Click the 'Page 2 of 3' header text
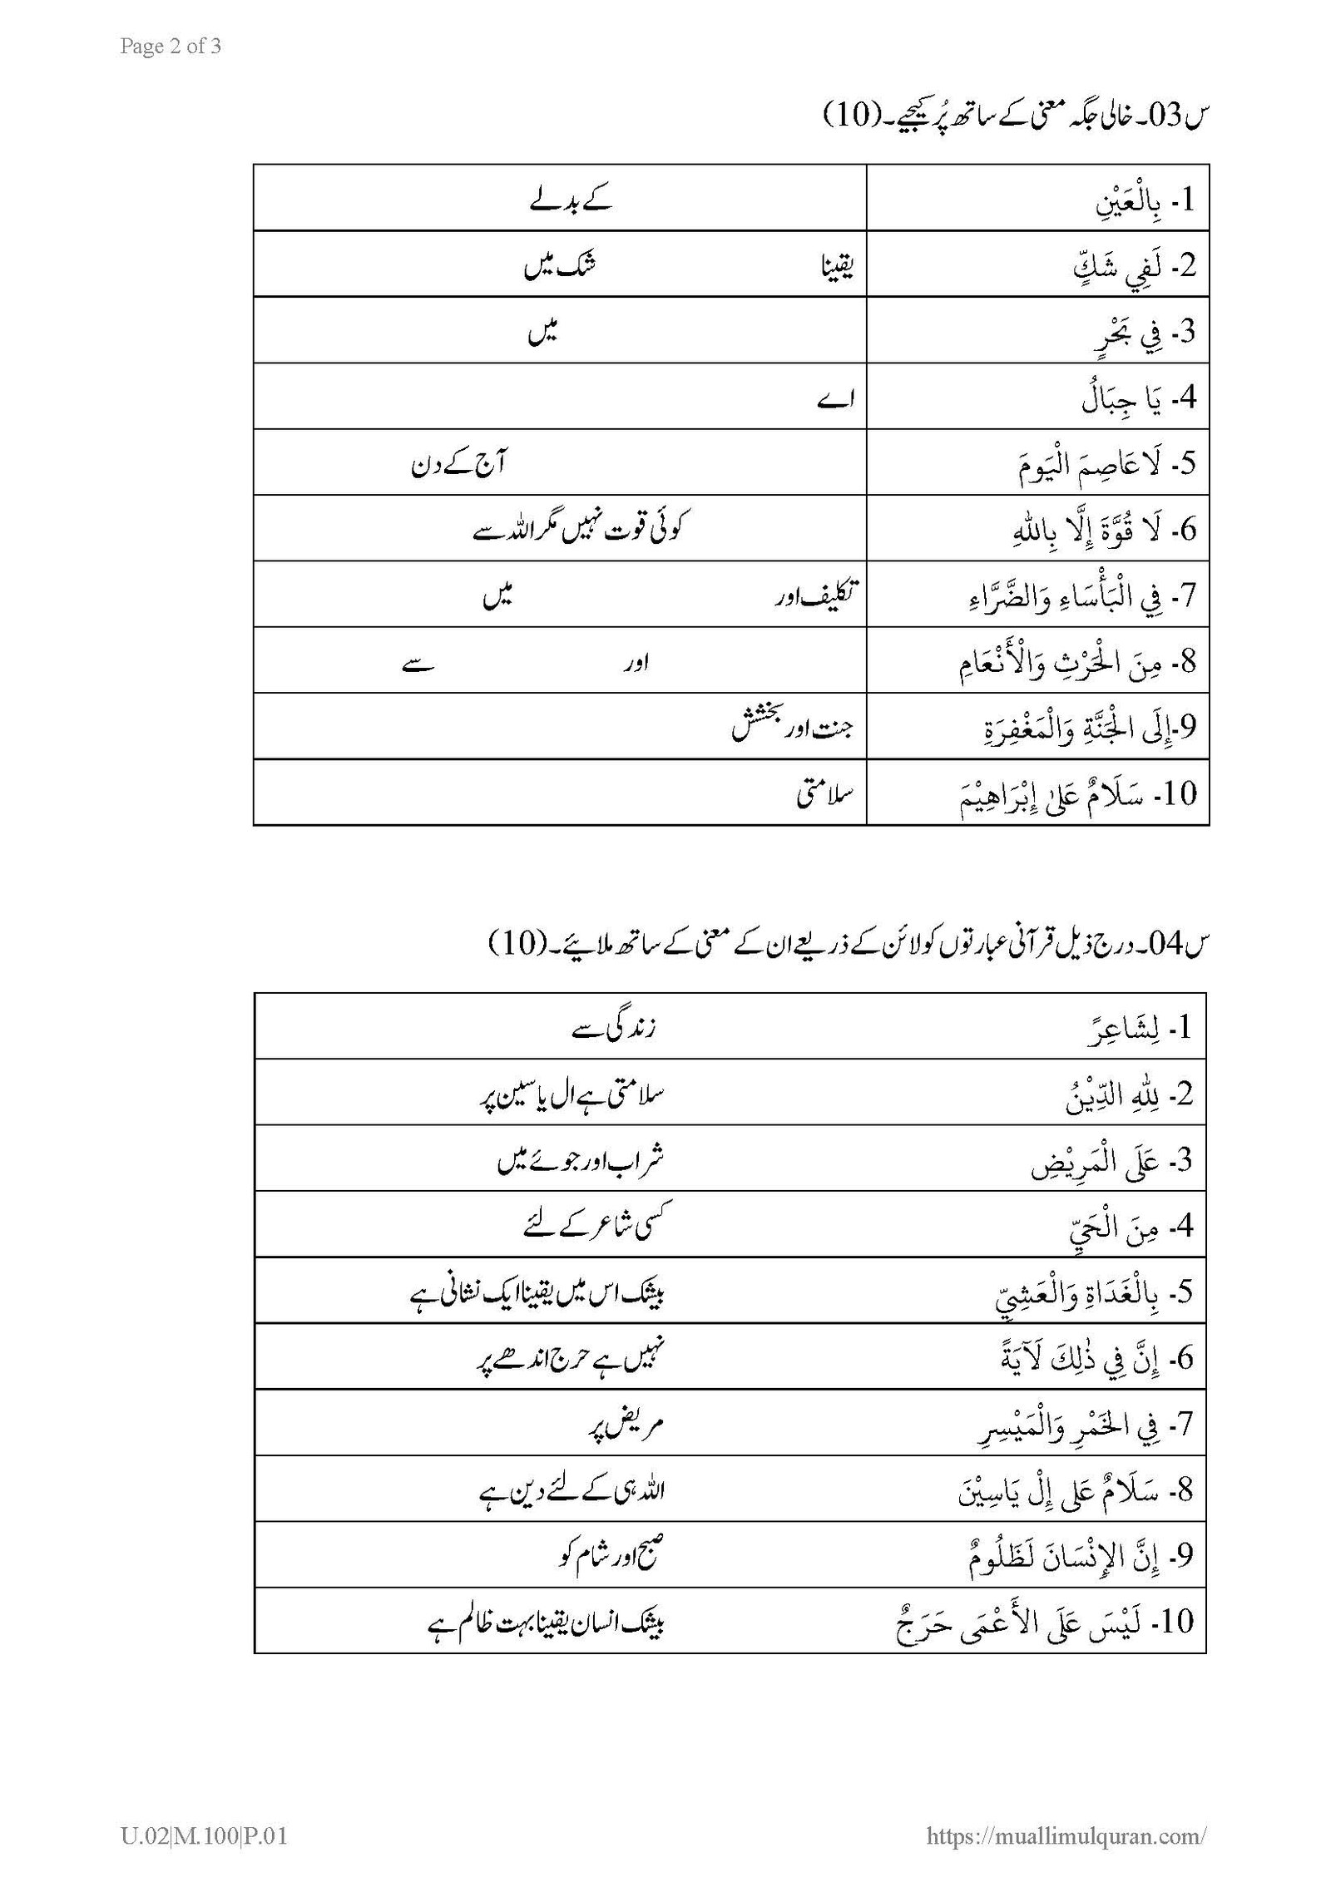click(x=171, y=47)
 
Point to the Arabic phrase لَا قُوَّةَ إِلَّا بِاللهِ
click(x=1081, y=530)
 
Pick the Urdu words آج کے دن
click(x=459, y=462)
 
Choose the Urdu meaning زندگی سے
click(x=615, y=1029)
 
